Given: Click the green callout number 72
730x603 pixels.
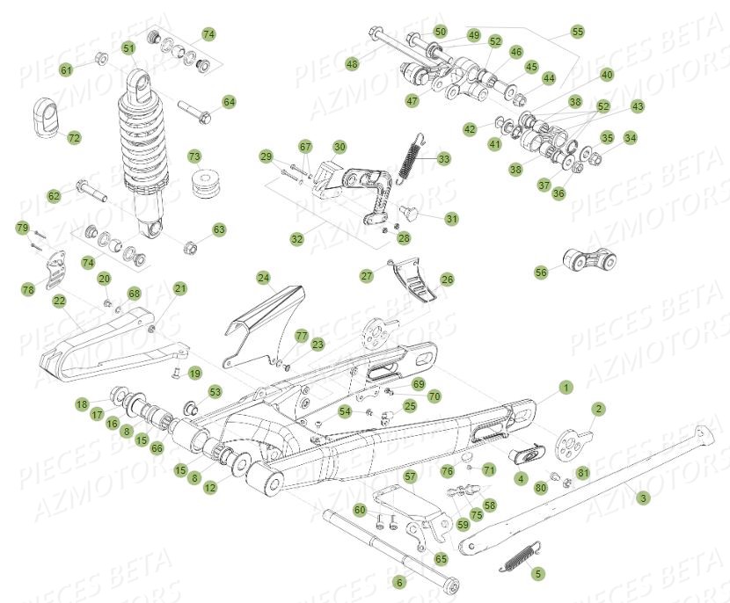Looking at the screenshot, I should point(74,138).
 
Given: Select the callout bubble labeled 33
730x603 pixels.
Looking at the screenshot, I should point(443,158).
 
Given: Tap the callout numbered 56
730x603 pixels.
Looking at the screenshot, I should point(540,272).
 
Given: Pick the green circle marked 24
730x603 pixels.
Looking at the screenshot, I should point(263,278).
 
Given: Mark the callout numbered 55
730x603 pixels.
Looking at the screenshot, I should point(577,32).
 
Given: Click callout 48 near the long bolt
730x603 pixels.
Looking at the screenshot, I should point(352,63).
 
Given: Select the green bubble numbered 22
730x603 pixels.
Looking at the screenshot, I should point(59,301).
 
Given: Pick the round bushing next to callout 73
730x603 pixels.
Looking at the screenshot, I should point(208,185).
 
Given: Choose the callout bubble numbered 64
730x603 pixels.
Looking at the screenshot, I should point(229,103).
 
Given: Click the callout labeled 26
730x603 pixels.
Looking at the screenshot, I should point(447,280).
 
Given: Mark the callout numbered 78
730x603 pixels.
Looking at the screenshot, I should point(28,288).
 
